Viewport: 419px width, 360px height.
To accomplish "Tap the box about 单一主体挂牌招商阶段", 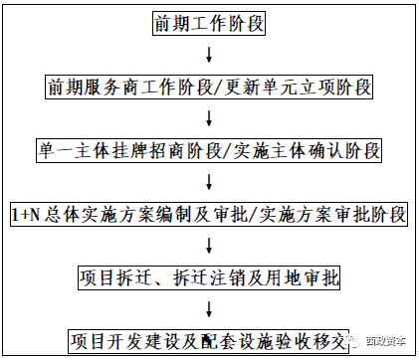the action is [x=209, y=151].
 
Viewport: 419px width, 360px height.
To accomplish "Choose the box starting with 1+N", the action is [x=210, y=215].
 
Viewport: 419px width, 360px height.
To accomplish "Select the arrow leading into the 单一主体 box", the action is [x=209, y=119].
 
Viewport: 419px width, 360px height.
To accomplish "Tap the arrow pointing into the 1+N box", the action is [x=209, y=183].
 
